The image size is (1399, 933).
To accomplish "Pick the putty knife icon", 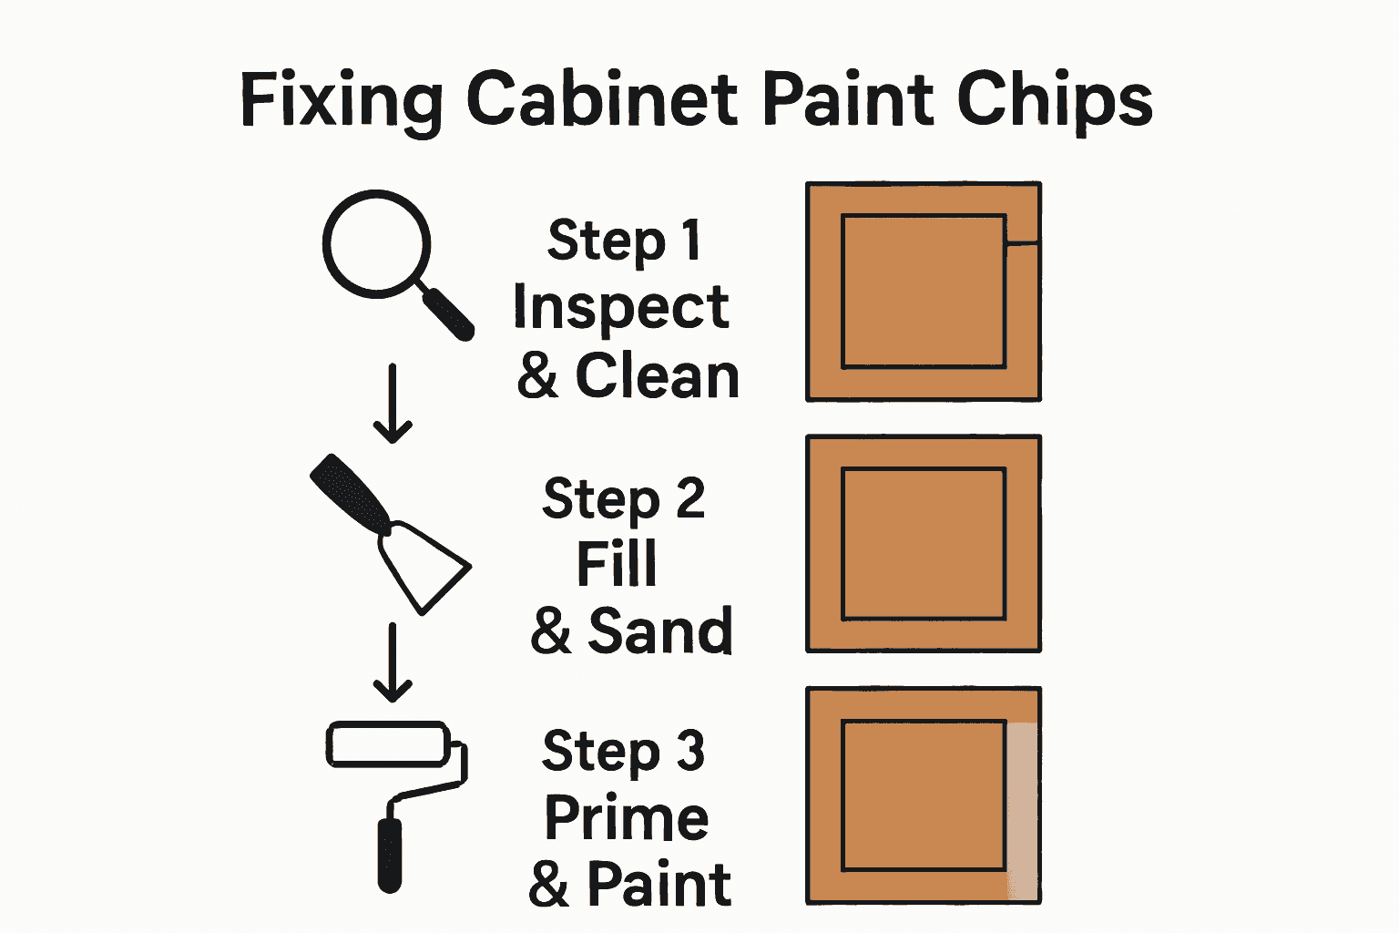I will tap(392, 532).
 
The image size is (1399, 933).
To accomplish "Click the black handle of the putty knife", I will tap(350, 492).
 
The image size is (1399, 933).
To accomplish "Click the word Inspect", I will tap(620, 308).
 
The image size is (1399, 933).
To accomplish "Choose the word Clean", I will tap(657, 375).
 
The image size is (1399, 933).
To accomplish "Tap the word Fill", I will tap(617, 564).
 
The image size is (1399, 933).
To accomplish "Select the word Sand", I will tap(660, 631).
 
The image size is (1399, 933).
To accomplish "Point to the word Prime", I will tap(627, 817).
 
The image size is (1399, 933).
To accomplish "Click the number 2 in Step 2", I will tap(689, 498).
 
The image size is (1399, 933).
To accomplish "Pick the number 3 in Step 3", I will tap(689, 751).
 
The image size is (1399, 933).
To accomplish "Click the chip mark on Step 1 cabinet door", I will tap(1022, 241).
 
